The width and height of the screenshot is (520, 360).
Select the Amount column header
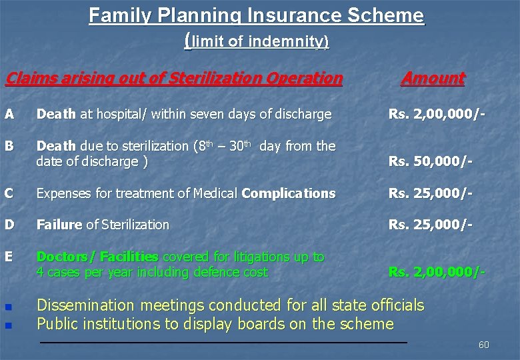(433, 79)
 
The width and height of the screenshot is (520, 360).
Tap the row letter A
(9, 114)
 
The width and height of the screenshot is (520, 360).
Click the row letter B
(9, 146)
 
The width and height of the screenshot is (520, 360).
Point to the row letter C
(9, 193)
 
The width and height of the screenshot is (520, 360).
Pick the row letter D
(9, 225)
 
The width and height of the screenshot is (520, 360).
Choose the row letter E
(9, 257)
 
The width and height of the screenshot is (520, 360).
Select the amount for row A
(436, 114)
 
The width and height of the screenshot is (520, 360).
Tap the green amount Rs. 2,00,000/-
(436, 273)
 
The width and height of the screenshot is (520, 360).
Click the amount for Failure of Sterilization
(431, 225)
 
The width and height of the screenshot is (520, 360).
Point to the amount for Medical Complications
(431, 193)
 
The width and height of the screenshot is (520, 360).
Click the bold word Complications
(289, 193)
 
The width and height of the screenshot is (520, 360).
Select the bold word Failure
(59, 225)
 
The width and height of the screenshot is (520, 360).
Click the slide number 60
(483, 345)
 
